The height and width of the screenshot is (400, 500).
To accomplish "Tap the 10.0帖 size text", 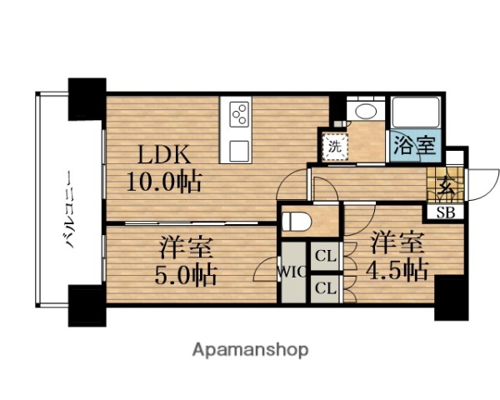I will coord(164,181).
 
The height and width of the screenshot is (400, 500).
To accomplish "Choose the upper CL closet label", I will coord(325,257).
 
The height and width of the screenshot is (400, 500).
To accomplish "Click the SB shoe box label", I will coord(446,212).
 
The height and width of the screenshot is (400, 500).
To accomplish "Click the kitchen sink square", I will coord(239,151).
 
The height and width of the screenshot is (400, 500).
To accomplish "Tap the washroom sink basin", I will coord(364,113).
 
